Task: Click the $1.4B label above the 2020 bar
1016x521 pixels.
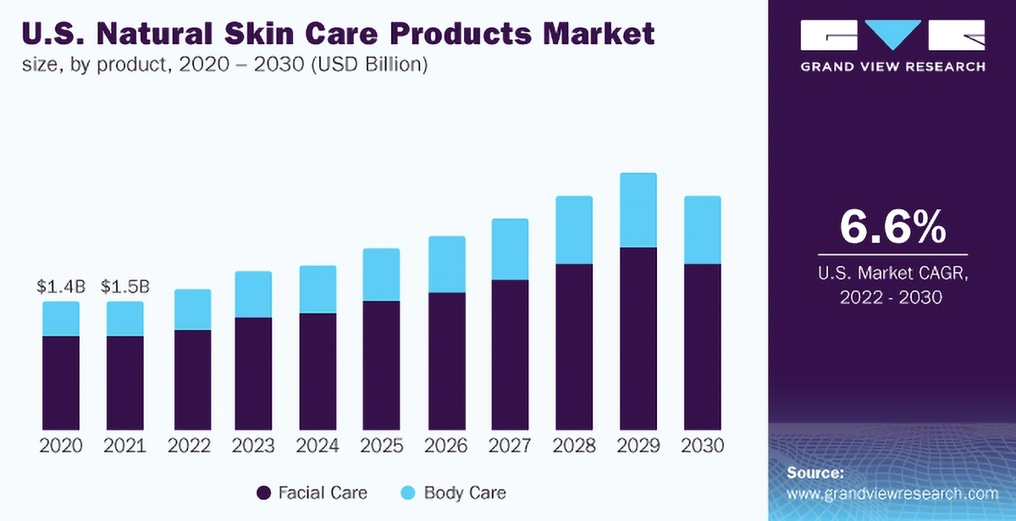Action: pyautogui.click(x=61, y=287)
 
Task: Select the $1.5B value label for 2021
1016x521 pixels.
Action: pyautogui.click(x=125, y=287)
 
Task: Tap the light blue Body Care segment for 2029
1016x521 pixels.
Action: pyautogui.click(x=638, y=210)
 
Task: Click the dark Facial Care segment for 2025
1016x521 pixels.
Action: pyautogui.click(x=381, y=364)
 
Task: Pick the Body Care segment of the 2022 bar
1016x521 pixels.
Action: pyautogui.click(x=192, y=309)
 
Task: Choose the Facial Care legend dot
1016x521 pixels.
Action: pyautogui.click(x=263, y=492)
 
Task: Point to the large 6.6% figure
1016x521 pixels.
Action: pyautogui.click(x=892, y=226)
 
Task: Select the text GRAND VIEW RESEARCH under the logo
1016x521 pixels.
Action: pyautogui.click(x=892, y=67)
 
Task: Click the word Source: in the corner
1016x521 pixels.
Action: pyautogui.click(x=814, y=473)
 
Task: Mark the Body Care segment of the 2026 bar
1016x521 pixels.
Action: pyautogui.click(x=445, y=264)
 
